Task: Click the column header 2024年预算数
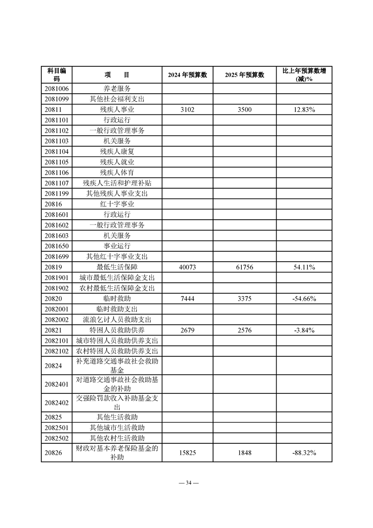click(x=188, y=75)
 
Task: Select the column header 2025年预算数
click(x=244, y=75)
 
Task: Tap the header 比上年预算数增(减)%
click(x=304, y=75)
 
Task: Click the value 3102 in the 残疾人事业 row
click(x=188, y=110)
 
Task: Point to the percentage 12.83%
click(x=304, y=110)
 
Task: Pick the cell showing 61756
click(x=244, y=267)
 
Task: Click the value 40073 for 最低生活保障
click(x=188, y=267)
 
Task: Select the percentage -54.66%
click(x=304, y=299)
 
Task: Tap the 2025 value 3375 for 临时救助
click(x=244, y=299)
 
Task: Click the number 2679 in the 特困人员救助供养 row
click(x=188, y=330)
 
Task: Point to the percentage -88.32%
click(x=304, y=453)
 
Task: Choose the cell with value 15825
click(x=188, y=453)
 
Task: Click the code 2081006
click(x=56, y=88)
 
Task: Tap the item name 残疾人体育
click(x=117, y=173)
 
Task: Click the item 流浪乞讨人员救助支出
click(x=117, y=320)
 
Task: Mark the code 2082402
click(x=56, y=402)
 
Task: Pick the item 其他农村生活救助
click(x=117, y=438)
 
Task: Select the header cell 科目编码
click(x=56, y=75)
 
